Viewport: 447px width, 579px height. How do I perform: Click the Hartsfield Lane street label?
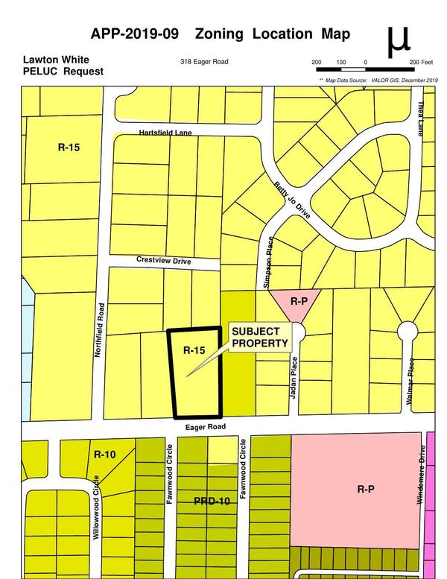tap(165, 133)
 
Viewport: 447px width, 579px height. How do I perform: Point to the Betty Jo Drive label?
tap(291, 197)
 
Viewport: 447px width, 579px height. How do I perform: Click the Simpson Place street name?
tap(269, 262)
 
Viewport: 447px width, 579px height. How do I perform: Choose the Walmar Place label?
tap(409, 381)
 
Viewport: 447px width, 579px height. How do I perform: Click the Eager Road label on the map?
tap(204, 426)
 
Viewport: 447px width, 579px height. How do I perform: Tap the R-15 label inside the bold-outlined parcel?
tap(194, 349)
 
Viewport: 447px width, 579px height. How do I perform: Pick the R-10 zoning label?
tap(104, 454)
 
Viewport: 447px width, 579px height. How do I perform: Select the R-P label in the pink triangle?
tap(299, 301)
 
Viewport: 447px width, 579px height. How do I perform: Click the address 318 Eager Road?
tap(208, 63)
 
